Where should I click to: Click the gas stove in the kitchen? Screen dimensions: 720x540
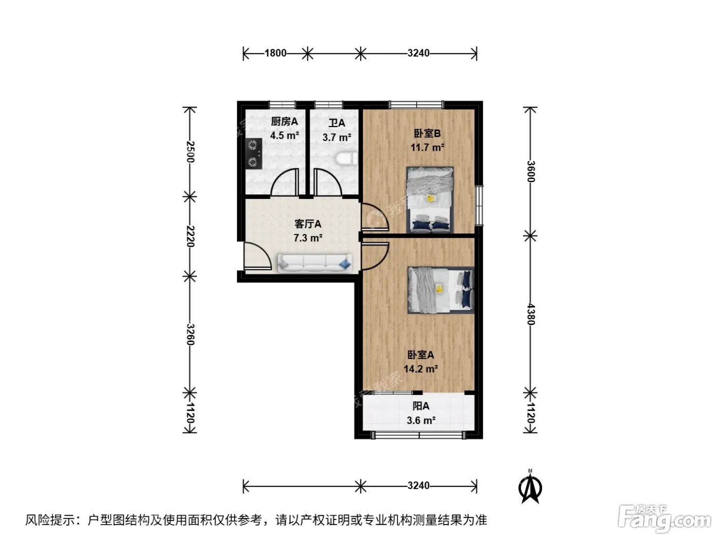click(254, 153)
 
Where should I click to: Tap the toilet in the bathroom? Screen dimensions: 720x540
click(347, 159)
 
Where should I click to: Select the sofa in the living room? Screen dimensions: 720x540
click(315, 263)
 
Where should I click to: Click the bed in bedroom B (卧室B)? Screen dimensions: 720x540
click(430, 200)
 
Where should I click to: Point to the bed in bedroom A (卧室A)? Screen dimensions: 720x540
click(441, 290)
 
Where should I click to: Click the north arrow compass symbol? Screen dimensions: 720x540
click(530, 487)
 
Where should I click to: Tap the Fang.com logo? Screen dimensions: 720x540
click(664, 519)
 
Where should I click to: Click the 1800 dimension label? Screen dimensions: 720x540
click(275, 53)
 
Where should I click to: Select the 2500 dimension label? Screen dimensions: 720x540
click(190, 152)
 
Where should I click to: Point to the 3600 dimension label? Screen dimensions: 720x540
click(531, 171)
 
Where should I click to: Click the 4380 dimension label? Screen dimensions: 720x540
click(531, 314)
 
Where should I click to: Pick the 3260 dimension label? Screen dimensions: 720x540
click(190, 334)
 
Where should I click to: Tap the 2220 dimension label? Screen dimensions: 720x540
click(190, 237)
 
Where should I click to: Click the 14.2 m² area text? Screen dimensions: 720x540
click(421, 369)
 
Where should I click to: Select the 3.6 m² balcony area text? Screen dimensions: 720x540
click(421, 420)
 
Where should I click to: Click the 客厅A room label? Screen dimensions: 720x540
click(308, 224)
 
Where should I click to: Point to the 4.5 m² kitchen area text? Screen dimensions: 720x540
click(284, 135)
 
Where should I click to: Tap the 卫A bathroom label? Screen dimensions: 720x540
click(337, 123)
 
